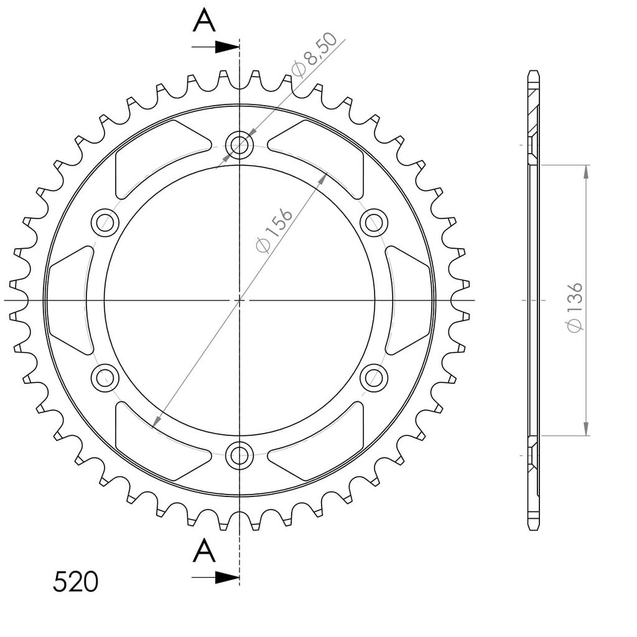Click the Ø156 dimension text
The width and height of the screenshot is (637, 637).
(x=274, y=231)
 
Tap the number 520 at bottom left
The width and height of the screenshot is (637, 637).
(x=75, y=582)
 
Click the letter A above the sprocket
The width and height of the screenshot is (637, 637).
(x=204, y=21)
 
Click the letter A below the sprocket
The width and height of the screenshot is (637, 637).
(x=204, y=551)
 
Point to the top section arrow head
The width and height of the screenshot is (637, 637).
(x=226, y=47)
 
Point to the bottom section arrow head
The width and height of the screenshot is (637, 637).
(x=226, y=577)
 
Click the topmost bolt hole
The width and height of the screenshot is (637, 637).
(x=239, y=144)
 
